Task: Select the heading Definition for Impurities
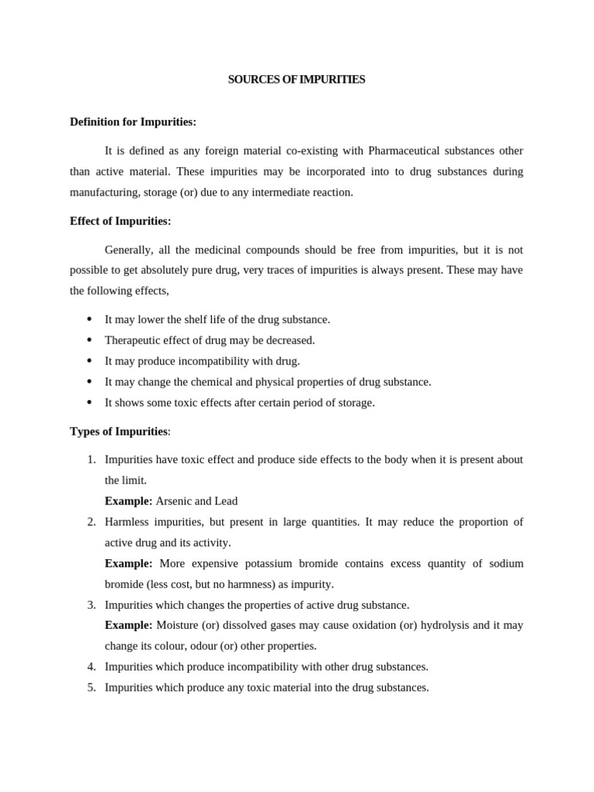point(133,122)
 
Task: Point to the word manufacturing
point(103,192)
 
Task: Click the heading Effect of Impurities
point(120,221)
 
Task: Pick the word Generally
point(129,250)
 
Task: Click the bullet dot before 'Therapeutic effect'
point(90,340)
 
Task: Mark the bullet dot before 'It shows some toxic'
point(90,402)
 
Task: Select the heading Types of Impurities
point(118,431)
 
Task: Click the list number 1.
point(91,459)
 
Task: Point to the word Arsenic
point(173,501)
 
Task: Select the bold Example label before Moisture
point(128,625)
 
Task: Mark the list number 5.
point(91,688)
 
